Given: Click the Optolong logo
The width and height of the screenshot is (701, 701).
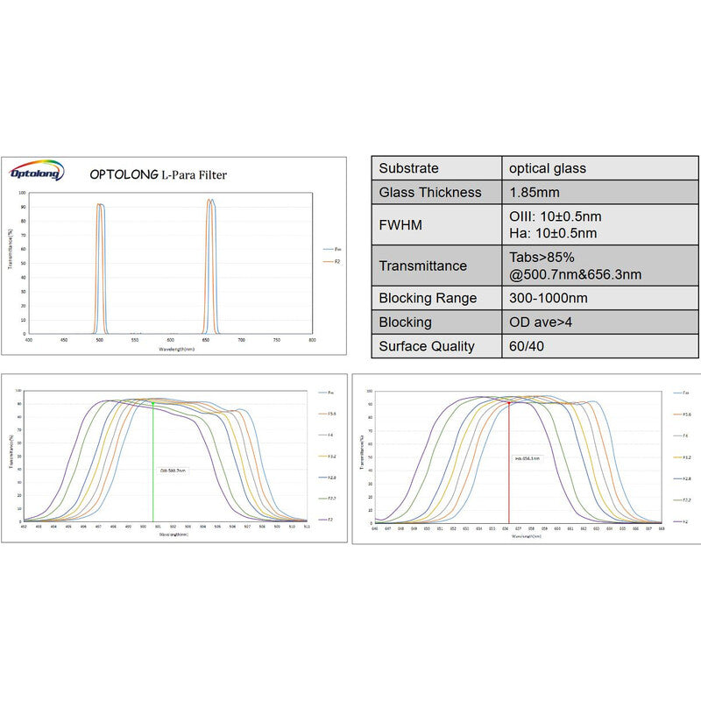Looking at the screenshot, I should point(38,170).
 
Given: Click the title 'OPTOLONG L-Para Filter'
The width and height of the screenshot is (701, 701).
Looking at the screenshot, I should point(158,174).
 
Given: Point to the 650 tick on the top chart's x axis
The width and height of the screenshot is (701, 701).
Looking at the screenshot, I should point(206,339).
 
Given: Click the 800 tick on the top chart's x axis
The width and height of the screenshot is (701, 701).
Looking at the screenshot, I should point(312,339).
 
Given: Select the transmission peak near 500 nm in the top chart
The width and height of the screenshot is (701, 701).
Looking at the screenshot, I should point(100,205).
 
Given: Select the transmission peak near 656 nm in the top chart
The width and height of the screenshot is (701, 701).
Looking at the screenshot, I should point(210,201).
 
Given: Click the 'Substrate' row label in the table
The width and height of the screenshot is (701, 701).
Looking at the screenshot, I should point(409,168).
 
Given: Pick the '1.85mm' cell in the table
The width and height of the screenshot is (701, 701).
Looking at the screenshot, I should point(536,192).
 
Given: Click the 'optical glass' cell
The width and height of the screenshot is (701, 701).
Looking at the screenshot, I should point(548,168).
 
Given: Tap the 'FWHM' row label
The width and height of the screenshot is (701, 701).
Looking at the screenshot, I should point(400,225).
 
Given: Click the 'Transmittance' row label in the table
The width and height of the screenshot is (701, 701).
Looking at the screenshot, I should point(423,266).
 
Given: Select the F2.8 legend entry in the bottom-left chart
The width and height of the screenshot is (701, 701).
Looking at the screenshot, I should point(330,478).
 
